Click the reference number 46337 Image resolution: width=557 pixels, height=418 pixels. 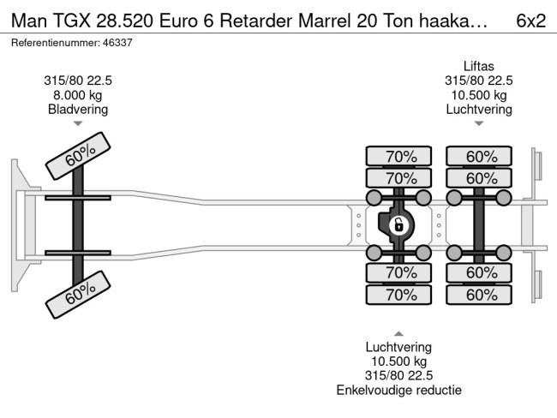click(x=117, y=43)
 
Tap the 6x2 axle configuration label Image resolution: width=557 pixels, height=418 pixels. click(x=530, y=21)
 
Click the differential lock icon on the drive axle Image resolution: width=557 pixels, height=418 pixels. click(x=398, y=224)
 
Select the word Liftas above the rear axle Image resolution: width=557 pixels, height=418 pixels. click(x=479, y=67)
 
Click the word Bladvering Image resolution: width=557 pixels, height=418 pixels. click(x=78, y=110)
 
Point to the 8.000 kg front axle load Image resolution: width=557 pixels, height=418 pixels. click(x=78, y=95)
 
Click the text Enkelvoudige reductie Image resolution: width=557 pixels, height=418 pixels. click(x=399, y=390)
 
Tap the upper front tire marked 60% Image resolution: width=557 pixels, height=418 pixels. click(x=78, y=156)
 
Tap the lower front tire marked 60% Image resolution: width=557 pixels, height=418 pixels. click(x=78, y=295)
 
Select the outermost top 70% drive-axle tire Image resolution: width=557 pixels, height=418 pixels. click(x=398, y=156)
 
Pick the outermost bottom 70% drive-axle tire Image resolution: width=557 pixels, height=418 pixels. click(x=398, y=295)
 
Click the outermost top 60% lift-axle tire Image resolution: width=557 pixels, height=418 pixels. click(x=479, y=156)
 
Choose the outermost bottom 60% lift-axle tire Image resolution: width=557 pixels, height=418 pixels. click(x=479, y=295)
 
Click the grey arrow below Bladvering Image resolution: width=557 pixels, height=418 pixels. click(x=78, y=123)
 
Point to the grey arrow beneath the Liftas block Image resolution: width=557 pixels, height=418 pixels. click(x=479, y=123)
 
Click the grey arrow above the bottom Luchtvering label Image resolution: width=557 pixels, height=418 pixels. click(x=398, y=333)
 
